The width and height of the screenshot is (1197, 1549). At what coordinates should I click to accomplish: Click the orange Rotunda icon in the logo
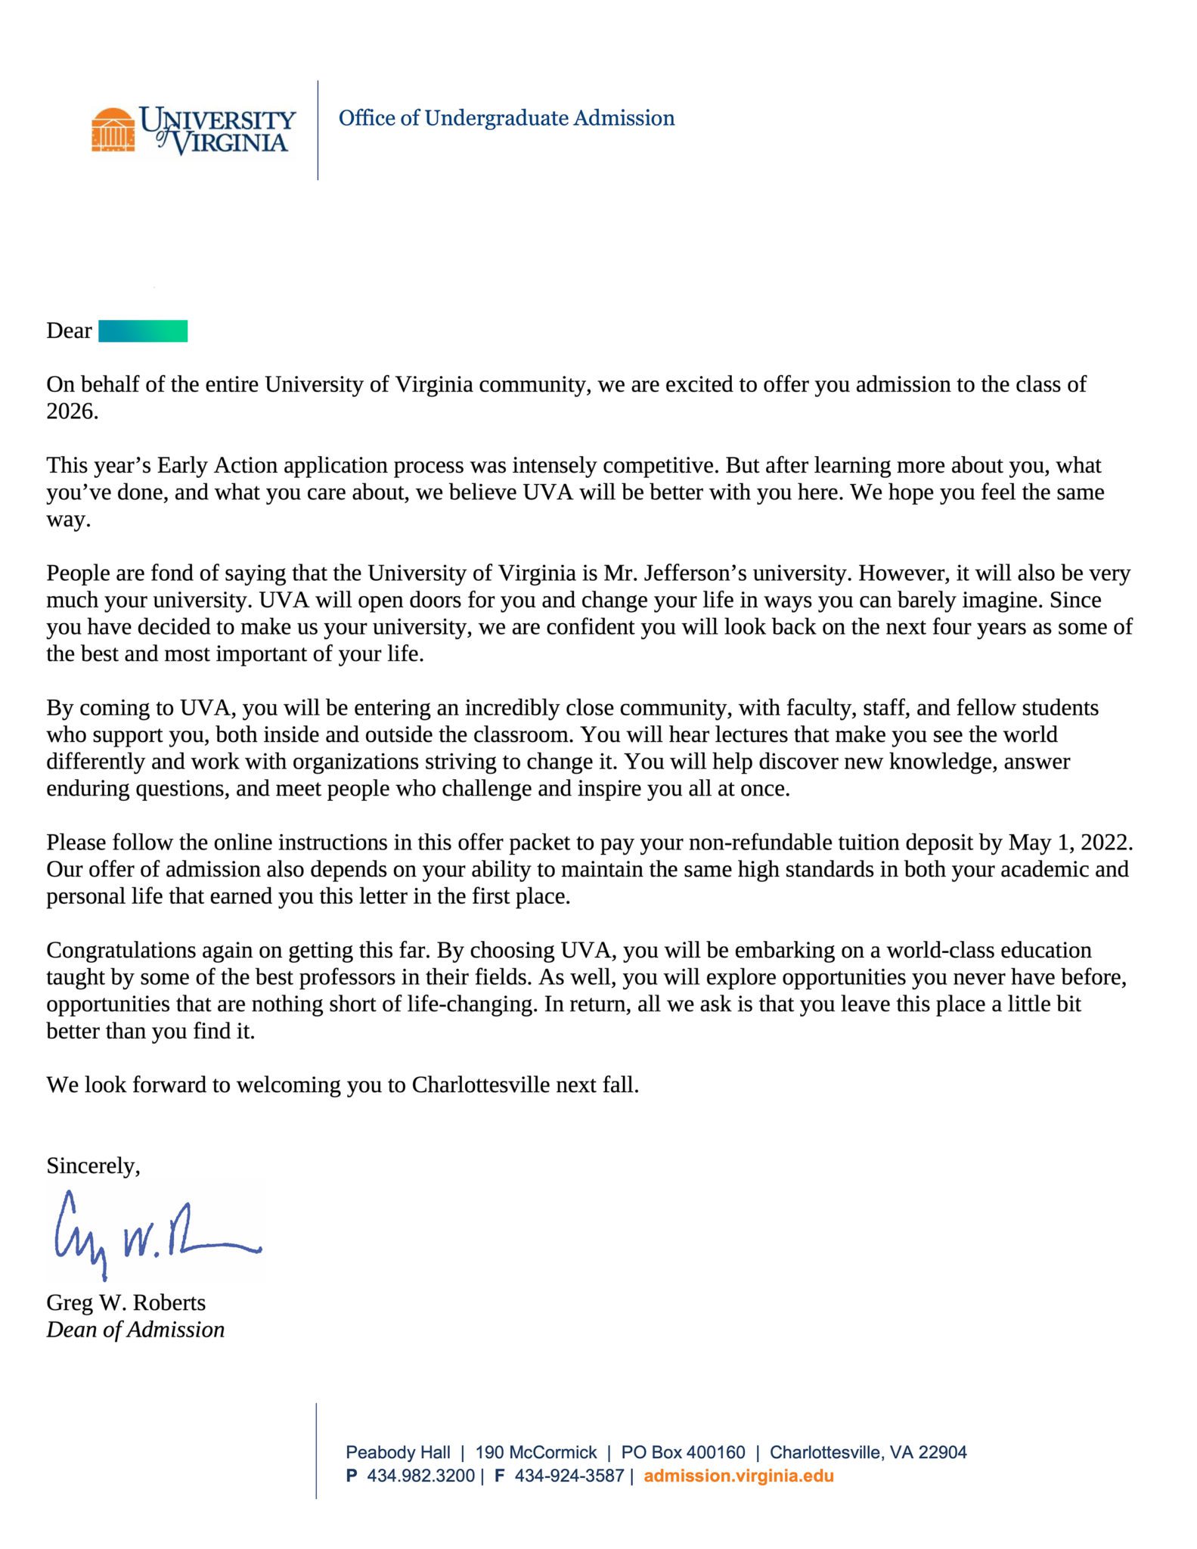pos(113,130)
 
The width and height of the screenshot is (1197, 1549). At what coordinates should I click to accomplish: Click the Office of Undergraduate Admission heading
pos(506,118)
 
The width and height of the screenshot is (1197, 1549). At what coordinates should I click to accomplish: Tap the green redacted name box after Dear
pos(143,331)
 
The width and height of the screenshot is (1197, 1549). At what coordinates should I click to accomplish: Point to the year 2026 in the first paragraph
pos(72,411)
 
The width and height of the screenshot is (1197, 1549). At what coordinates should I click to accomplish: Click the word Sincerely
pos(92,1166)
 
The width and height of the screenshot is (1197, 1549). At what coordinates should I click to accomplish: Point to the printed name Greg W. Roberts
pos(126,1302)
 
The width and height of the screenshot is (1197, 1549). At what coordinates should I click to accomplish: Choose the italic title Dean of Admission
pos(135,1330)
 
